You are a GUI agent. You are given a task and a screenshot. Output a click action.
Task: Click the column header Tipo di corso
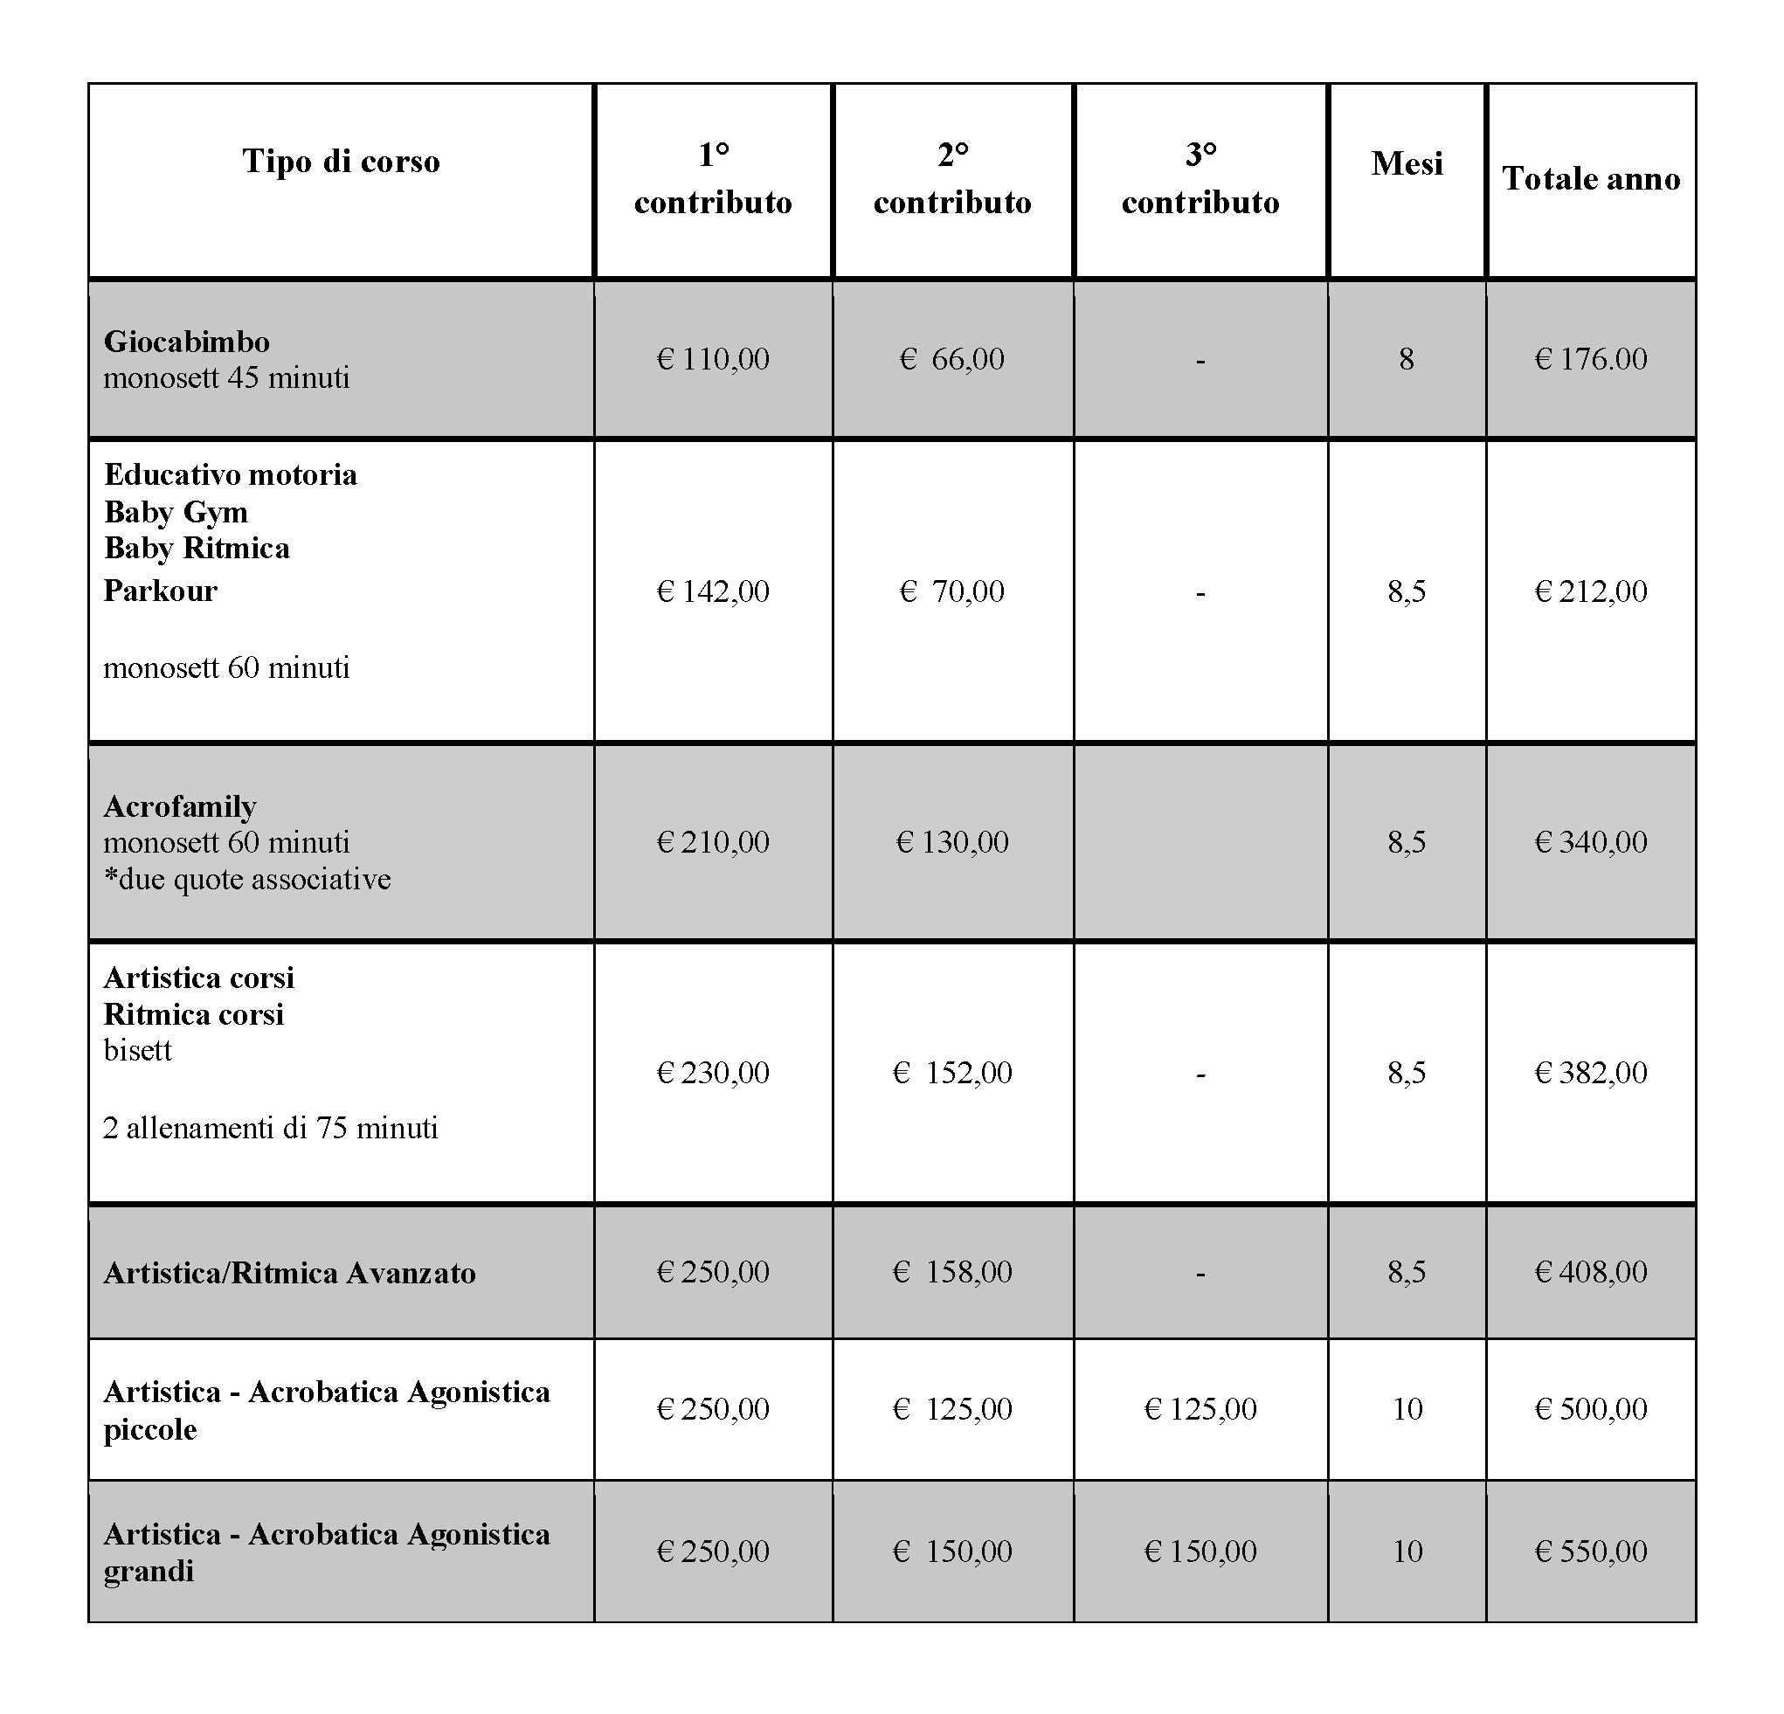pos(341,161)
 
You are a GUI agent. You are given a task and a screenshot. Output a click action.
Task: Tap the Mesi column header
pos(1407,163)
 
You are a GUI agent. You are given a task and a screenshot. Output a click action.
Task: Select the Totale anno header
pos(1590,178)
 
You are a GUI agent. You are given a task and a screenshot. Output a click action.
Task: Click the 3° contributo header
pos(1200,178)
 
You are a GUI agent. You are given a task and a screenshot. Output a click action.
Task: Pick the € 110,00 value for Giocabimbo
pos(713,359)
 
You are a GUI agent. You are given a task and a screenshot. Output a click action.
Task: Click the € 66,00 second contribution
pos(952,359)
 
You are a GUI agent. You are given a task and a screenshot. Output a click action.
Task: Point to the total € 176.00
pos(1590,359)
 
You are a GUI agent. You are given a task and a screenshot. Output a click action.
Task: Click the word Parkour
pos(160,591)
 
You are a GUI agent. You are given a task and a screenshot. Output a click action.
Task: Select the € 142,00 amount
pos(713,591)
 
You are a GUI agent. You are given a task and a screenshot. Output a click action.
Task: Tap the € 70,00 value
pos(952,591)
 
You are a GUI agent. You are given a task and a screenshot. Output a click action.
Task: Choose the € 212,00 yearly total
pos(1590,591)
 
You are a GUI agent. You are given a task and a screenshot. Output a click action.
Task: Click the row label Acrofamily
pos(180,806)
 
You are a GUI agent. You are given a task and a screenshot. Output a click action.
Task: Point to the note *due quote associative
pos(246,880)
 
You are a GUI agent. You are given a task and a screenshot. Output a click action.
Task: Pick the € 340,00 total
pos(1590,842)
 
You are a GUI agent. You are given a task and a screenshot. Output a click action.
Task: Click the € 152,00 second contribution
pos(952,1072)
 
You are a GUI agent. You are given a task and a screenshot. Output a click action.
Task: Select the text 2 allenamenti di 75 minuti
pos(270,1129)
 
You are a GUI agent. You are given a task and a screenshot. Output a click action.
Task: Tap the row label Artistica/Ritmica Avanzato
pos(289,1273)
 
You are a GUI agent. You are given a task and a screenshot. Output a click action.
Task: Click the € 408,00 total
pos(1590,1272)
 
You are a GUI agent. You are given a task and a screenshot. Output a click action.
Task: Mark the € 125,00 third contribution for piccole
pos(1200,1409)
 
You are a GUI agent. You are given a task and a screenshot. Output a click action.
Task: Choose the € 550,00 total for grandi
pos(1590,1551)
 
